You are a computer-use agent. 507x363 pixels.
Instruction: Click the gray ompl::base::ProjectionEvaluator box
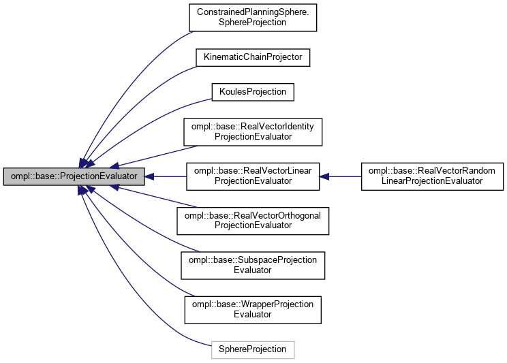point(74,176)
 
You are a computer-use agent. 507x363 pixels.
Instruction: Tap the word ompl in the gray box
point(19,176)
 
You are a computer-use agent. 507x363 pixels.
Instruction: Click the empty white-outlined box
point(253,349)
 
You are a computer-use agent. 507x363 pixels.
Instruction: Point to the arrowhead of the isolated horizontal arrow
point(324,176)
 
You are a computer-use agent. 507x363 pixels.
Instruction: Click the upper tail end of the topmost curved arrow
point(193,32)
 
